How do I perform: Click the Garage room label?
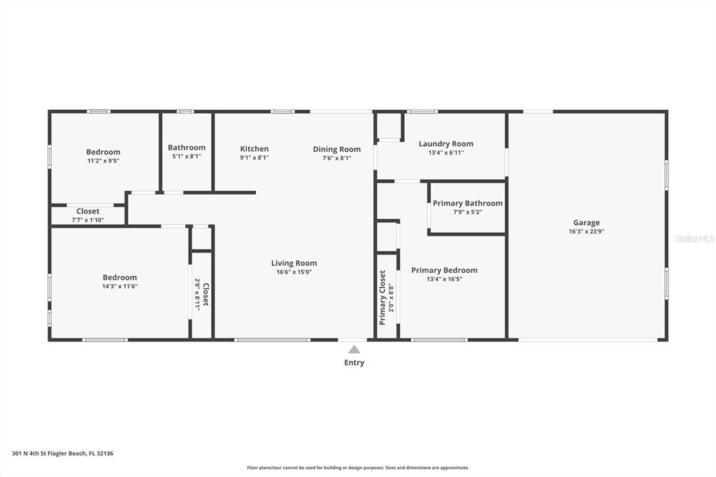point(587,222)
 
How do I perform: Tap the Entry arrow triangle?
point(354,350)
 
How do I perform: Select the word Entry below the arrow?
point(354,363)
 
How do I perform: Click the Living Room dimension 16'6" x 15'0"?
point(294,272)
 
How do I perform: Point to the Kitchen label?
point(255,148)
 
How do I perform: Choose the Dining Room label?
point(336,150)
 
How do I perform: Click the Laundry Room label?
point(445,144)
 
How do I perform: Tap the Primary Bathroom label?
point(468,204)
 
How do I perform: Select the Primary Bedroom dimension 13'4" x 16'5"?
point(444,279)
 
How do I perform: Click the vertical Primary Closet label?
point(382,297)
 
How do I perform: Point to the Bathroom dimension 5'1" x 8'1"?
point(186,156)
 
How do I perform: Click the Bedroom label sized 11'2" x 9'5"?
point(103,152)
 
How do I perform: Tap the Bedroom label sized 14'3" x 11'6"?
point(120,278)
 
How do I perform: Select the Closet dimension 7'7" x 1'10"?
point(87,220)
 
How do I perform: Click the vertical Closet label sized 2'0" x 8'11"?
point(206,294)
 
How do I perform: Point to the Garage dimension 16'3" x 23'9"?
point(587,232)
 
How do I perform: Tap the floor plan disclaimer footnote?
point(358,468)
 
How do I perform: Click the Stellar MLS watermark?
point(695,239)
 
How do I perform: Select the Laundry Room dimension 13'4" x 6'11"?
point(445,153)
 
